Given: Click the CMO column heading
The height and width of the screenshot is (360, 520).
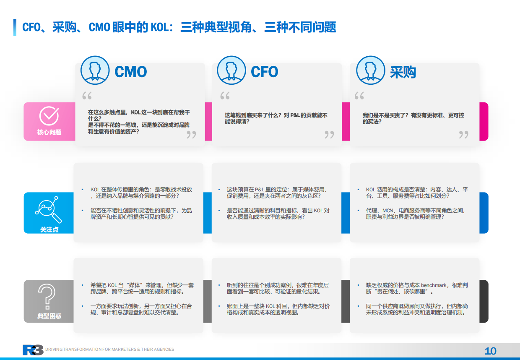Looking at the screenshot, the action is [131, 72].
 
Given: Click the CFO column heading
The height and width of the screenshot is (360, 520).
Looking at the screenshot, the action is [264, 72].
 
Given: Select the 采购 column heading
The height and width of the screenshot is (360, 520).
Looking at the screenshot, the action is [403, 72].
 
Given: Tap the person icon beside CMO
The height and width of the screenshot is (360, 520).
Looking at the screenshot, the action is [95, 70].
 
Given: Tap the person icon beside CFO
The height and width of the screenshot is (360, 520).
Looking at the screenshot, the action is [231, 70].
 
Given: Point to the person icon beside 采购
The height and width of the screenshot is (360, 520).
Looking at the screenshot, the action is [370, 70].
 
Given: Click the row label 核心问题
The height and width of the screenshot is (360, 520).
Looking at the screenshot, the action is [49, 132].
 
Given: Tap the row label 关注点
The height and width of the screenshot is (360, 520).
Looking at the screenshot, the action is [49, 230].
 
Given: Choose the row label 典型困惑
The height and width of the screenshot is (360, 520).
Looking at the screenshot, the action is [49, 316].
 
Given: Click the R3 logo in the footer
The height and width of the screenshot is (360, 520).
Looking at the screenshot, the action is [33, 350].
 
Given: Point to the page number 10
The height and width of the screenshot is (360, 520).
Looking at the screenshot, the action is [490, 351].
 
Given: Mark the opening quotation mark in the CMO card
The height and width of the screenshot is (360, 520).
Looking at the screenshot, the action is [87, 96].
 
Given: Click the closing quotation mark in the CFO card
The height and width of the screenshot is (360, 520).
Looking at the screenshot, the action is [329, 134].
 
